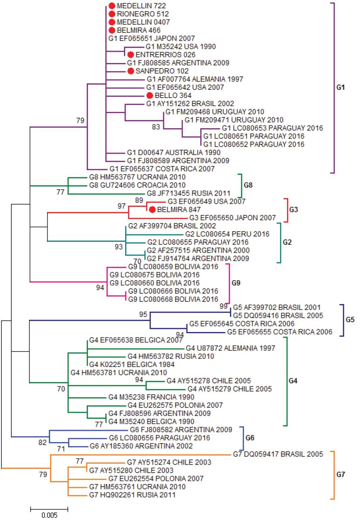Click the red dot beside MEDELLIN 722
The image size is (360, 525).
(x=112, y=6)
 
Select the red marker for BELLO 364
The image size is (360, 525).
(x=149, y=95)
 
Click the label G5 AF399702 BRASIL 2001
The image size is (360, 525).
(x=276, y=307)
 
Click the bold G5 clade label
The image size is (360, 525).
(x=350, y=319)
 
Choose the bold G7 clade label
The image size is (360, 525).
(x=341, y=475)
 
